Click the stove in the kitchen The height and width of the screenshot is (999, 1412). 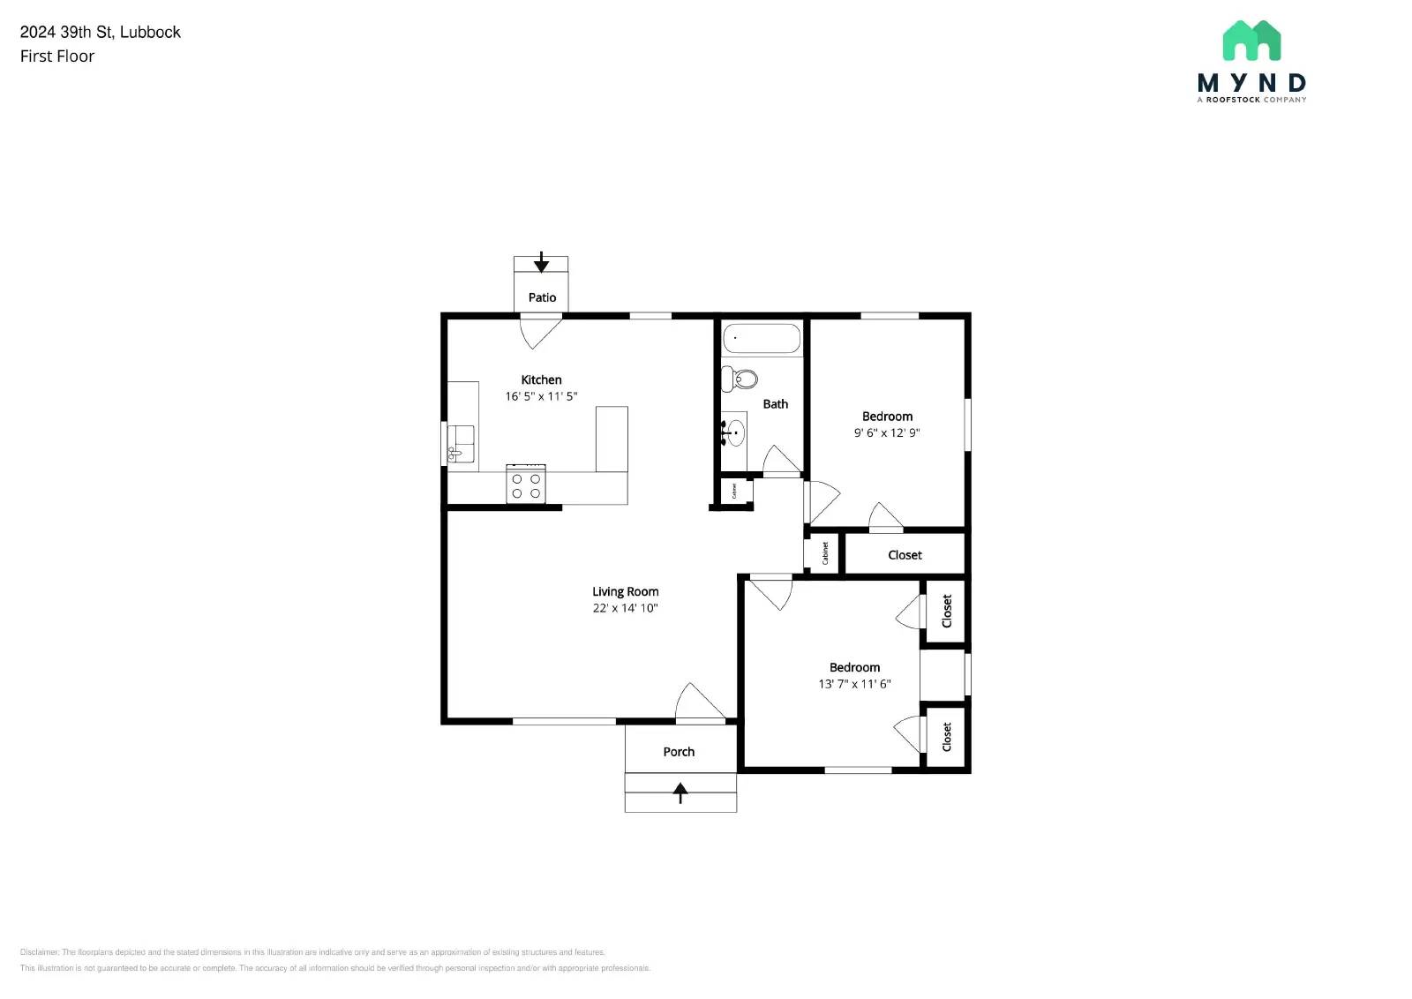525,484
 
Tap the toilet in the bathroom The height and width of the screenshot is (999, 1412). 740,379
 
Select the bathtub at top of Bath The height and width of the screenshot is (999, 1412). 761,338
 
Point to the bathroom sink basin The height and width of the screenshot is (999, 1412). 734,433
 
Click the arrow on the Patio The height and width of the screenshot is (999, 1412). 541,263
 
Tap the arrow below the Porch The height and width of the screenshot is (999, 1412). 680,792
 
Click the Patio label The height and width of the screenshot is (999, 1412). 542,297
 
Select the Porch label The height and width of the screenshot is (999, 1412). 679,752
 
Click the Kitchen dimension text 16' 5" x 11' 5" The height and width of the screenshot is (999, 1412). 541,396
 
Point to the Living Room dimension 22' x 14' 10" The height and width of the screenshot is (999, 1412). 625,608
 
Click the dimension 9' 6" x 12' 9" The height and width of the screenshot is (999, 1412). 887,432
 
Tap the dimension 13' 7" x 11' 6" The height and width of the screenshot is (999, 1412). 854,684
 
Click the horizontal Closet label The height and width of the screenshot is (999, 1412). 905,555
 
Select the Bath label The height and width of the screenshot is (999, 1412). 775,404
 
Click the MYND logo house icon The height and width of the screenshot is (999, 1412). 1251,41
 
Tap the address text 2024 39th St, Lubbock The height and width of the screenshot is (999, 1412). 101,32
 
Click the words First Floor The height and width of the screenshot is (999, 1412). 57,56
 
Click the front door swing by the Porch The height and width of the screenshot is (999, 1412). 698,703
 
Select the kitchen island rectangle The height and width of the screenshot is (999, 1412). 612,439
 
